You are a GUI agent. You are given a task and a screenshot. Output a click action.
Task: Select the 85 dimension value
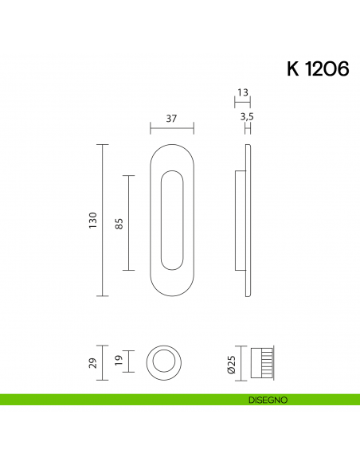119,224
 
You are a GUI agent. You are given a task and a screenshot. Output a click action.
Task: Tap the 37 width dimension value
171,118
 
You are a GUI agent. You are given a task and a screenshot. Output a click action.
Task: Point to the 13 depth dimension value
243,93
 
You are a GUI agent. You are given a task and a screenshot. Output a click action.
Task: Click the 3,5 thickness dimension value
246,117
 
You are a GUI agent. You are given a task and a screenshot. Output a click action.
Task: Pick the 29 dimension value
92,363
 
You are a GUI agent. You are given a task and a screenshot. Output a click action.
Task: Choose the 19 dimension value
119,362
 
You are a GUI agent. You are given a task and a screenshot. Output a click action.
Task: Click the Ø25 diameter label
231,364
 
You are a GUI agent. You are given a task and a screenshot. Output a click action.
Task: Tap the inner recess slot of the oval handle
172,221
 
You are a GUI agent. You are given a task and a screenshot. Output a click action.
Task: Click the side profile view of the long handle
244,221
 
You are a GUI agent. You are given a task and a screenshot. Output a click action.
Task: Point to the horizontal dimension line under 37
171,127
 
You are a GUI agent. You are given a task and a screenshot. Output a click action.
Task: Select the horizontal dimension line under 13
243,100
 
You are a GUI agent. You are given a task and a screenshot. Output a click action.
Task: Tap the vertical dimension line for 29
102,363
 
